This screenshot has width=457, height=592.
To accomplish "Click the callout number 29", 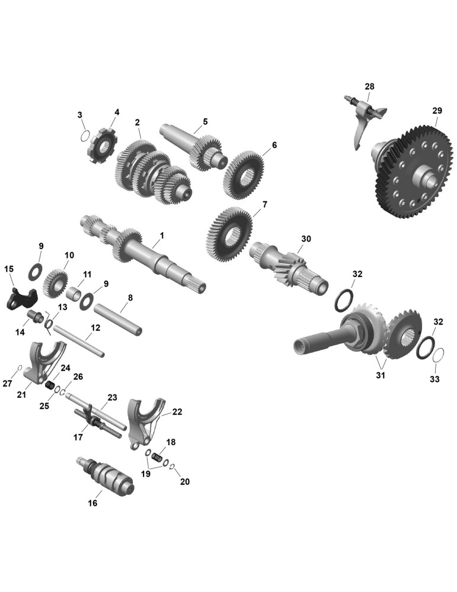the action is [x=437, y=111].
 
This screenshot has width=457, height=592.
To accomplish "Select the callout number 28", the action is [x=369, y=86].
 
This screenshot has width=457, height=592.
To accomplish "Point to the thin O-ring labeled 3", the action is [x=85, y=135].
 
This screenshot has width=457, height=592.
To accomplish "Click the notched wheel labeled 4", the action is [x=103, y=146].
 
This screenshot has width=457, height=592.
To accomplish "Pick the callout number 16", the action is [x=92, y=503].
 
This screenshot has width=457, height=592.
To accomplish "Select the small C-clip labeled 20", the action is [x=172, y=468].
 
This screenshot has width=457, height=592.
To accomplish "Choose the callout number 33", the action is [x=435, y=378].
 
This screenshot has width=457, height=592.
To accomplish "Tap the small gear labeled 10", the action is [x=58, y=282].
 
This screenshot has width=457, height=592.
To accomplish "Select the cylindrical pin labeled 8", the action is [x=118, y=320].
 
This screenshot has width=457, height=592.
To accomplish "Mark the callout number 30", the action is [x=306, y=239].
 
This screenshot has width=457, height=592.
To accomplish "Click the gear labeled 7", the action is [x=229, y=234].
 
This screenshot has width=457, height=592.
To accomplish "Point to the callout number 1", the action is [x=162, y=235].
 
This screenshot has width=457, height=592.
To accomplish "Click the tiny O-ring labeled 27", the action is [x=20, y=368].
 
